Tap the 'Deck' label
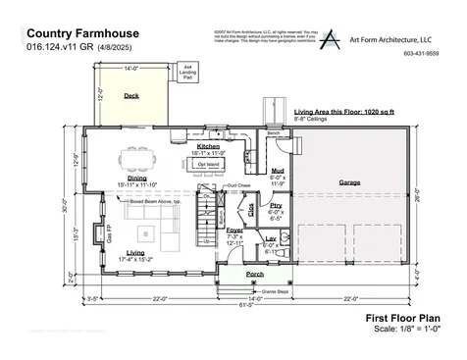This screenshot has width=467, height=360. click(x=130, y=96)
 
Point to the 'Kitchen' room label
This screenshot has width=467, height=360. click(x=209, y=146)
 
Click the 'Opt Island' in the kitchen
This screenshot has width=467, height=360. click(x=209, y=164)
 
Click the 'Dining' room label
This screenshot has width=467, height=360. click(x=137, y=178)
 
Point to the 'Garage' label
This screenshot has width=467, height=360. click(x=349, y=182)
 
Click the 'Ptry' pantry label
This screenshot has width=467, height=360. click(x=276, y=206)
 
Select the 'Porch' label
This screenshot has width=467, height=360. click(x=254, y=274)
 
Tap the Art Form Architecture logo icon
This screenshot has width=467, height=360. click(x=335, y=39)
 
